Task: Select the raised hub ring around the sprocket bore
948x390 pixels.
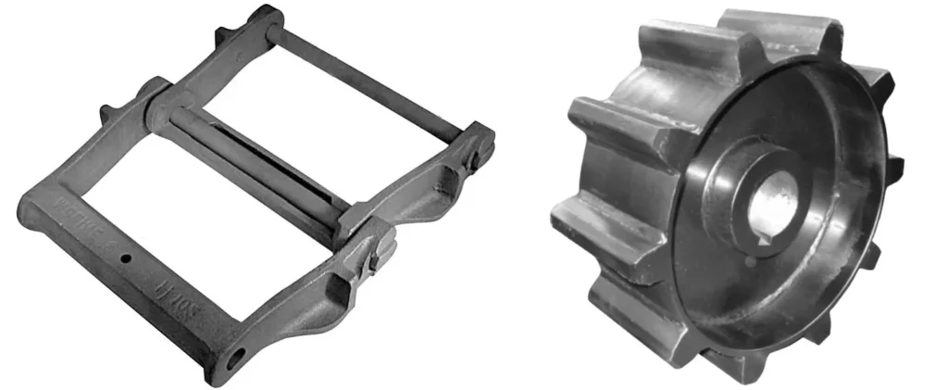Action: click(x=731, y=199)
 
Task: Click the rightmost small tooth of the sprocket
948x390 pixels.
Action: click(x=896, y=169)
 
